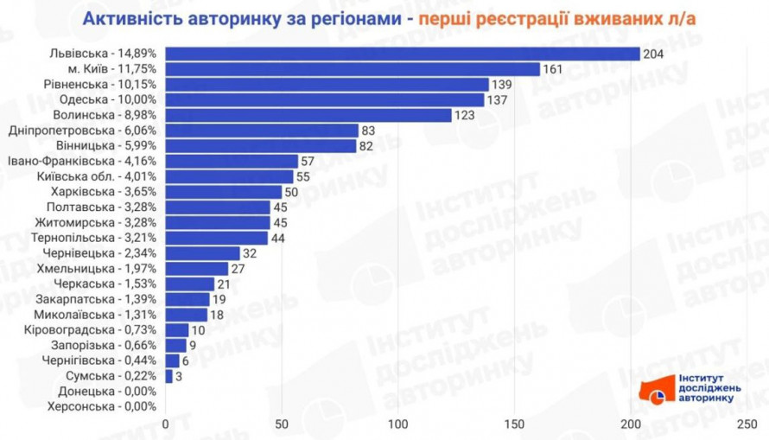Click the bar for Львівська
coord(402,54)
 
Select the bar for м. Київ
coord(352,69)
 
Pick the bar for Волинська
coord(308,115)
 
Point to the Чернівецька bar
coord(202,253)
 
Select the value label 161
coord(553,69)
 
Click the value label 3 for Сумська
coord(179,376)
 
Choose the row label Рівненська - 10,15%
coord(100,85)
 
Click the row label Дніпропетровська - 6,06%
coord(82,131)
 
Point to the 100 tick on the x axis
coord(397,424)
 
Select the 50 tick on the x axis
coord(281,424)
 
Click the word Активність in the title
coord(129,19)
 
